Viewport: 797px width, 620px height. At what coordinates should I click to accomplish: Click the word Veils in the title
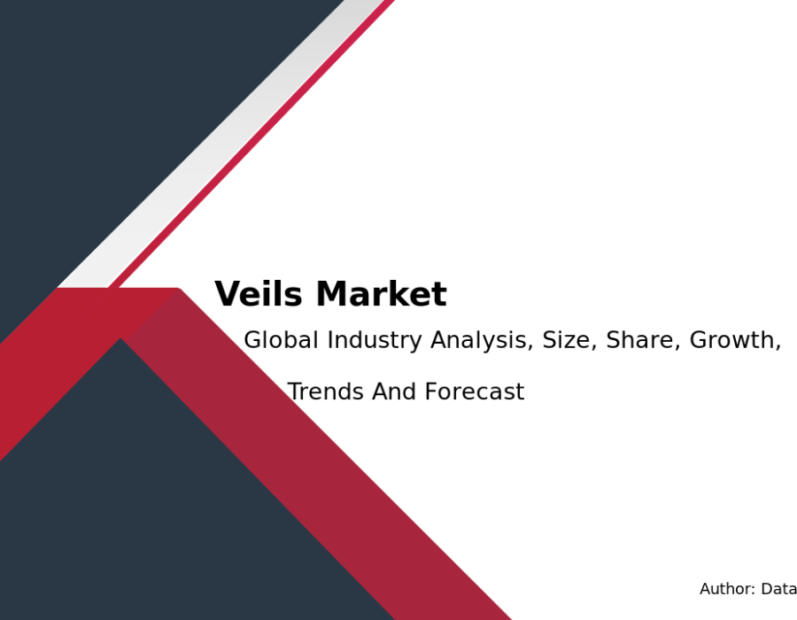pyautogui.click(x=259, y=294)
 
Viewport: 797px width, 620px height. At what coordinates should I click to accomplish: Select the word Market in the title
pyautogui.click(x=381, y=294)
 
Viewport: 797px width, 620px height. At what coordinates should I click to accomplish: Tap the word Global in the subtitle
pyautogui.click(x=281, y=339)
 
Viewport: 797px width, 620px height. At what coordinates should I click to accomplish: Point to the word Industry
pyautogui.click(x=375, y=340)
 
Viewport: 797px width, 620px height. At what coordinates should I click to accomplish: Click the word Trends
pyautogui.click(x=326, y=391)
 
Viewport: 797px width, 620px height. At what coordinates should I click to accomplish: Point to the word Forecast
pyautogui.click(x=475, y=391)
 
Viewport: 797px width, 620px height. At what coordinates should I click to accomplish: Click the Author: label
pyautogui.click(x=727, y=589)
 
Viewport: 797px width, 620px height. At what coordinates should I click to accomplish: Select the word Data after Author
pyautogui.click(x=778, y=589)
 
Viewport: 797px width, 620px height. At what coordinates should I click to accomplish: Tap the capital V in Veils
pyautogui.click(x=228, y=294)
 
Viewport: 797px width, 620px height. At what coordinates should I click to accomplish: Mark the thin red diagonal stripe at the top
pyautogui.click(x=251, y=143)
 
